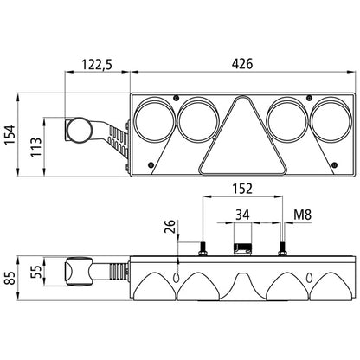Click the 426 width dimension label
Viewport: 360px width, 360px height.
pyautogui.click(x=242, y=64)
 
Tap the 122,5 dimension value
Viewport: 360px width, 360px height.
pyautogui.click(x=97, y=64)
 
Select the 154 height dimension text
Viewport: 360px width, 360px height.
pyautogui.click(x=10, y=135)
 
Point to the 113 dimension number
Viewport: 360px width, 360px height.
pyautogui.click(x=36, y=147)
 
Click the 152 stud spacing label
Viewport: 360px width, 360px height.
pyautogui.click(x=242, y=189)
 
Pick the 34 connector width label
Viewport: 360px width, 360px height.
pyautogui.click(x=242, y=215)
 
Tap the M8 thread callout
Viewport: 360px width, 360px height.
pyautogui.click(x=303, y=215)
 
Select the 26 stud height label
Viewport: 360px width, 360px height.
pyautogui.click(x=170, y=227)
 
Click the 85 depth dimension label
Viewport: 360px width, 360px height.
pyautogui.click(x=10, y=278)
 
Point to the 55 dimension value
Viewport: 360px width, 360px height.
pyautogui.click(x=36, y=272)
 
